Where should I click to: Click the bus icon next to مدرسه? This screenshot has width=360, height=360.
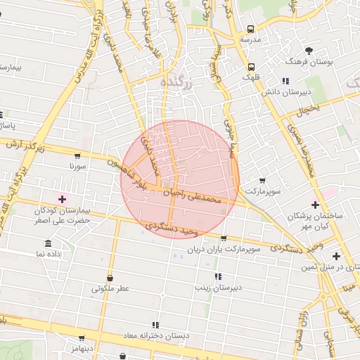251,30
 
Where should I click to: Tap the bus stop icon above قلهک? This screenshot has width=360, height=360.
251,68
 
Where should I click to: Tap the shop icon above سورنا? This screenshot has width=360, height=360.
77,155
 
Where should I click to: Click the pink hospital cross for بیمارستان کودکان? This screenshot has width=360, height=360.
62,200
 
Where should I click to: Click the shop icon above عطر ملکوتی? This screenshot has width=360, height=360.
110,276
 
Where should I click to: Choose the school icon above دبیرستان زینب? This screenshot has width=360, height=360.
218,276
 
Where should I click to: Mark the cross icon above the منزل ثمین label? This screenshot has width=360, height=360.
336,255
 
